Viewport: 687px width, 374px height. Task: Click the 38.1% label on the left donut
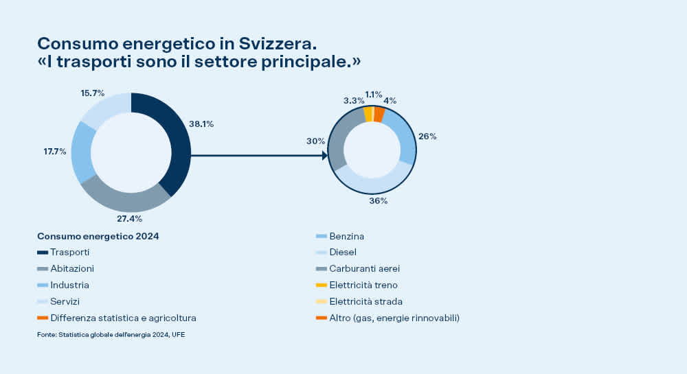(202, 124)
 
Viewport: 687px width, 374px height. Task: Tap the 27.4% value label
(129, 219)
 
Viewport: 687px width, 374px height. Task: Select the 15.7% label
(93, 93)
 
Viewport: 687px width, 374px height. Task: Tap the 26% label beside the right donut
(427, 137)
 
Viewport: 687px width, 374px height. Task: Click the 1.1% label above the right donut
(374, 95)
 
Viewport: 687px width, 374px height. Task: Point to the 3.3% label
(354, 100)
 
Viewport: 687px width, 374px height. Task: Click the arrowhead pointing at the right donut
(324, 156)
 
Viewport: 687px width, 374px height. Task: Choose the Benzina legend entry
(347, 236)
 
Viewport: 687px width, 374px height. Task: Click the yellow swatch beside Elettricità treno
(321, 285)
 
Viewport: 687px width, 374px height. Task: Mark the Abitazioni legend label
(72, 269)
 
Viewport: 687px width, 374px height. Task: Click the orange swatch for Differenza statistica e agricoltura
(43, 318)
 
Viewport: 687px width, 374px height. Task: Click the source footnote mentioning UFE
(111, 335)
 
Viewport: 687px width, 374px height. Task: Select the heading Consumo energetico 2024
(98, 236)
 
